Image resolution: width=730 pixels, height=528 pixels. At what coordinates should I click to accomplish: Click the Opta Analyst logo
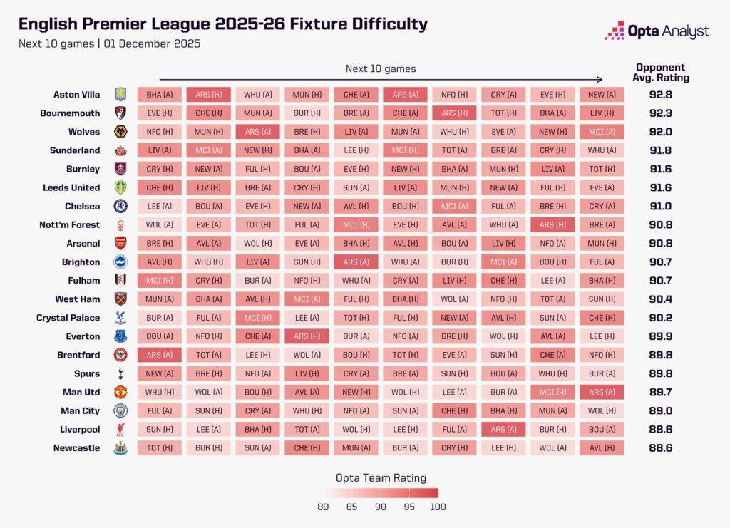point(657,31)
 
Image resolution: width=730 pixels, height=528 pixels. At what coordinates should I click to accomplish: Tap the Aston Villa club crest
point(120,95)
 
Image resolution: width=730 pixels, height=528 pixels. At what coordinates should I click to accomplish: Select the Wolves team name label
point(84,132)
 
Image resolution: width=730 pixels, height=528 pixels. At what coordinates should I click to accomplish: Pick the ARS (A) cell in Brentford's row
point(160,355)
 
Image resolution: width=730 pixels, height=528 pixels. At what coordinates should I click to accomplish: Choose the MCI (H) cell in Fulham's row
point(160,281)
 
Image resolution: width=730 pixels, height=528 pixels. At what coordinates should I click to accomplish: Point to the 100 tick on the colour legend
point(438,507)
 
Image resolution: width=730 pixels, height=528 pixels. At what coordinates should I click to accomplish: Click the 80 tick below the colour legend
point(323,507)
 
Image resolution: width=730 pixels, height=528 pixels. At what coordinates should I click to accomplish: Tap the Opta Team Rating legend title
point(381,478)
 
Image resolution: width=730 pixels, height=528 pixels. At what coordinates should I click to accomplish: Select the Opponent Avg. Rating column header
point(661,73)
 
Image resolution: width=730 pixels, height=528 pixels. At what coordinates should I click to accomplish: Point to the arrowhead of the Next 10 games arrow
point(600,80)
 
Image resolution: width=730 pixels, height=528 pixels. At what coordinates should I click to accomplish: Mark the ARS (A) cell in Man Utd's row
point(602,392)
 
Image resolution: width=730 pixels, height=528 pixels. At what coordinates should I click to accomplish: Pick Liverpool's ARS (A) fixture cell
point(503,429)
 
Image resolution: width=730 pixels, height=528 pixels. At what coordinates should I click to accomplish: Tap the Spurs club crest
point(120,373)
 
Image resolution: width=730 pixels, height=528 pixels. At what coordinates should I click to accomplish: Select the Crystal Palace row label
point(68,318)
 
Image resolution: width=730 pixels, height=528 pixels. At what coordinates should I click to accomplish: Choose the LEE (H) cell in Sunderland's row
point(356,151)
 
